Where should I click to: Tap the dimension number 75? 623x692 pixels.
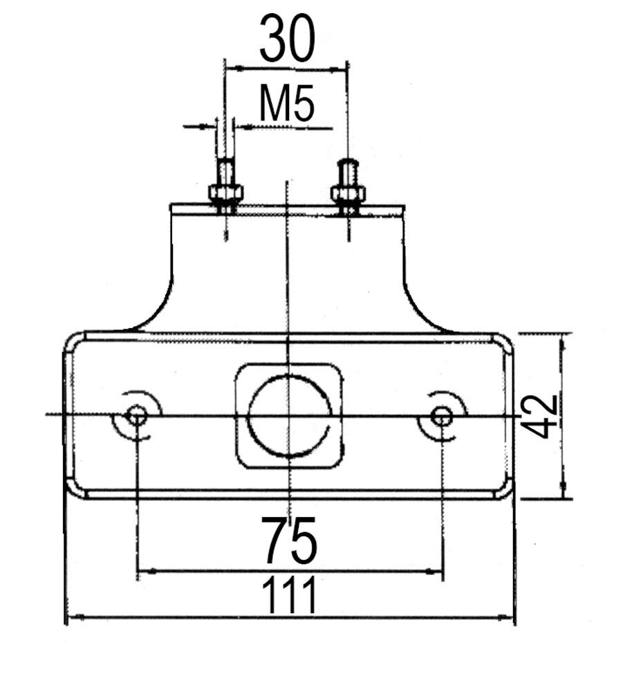(x=290, y=539)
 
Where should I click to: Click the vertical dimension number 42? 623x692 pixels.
(x=540, y=416)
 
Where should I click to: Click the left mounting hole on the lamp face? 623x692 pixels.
(x=137, y=416)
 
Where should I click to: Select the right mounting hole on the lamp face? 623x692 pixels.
(x=441, y=416)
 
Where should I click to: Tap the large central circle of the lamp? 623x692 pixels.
(x=289, y=416)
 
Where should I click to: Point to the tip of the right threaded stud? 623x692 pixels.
(x=348, y=163)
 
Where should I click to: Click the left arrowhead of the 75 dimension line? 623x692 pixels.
(x=142, y=572)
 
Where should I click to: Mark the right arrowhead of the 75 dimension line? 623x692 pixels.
(x=437, y=572)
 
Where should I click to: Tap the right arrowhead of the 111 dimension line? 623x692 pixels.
(x=512, y=616)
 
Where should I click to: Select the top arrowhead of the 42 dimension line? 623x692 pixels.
(x=565, y=338)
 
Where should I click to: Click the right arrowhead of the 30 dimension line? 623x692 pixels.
(x=342, y=69)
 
